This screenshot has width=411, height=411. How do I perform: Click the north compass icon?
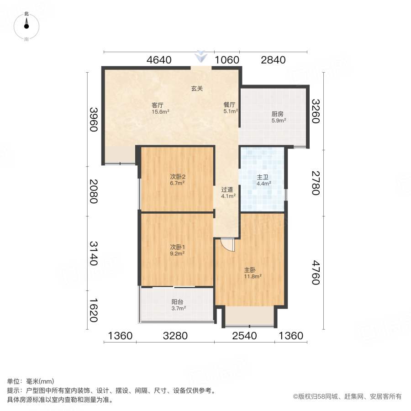26,26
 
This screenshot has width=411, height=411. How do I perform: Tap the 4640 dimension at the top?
158,60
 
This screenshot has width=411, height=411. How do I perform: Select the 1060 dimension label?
227,60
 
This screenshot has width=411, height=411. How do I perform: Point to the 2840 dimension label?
273,60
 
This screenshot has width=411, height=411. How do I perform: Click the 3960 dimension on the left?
94,119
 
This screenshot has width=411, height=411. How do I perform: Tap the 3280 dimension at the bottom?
175,336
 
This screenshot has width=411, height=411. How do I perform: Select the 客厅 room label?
158,105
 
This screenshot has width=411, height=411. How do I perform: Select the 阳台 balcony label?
178,302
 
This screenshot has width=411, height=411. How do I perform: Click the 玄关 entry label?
197,89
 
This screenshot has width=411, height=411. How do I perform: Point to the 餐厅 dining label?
229,105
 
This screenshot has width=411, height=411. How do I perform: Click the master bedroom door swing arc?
227,245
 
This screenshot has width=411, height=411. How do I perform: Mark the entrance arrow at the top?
201,57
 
